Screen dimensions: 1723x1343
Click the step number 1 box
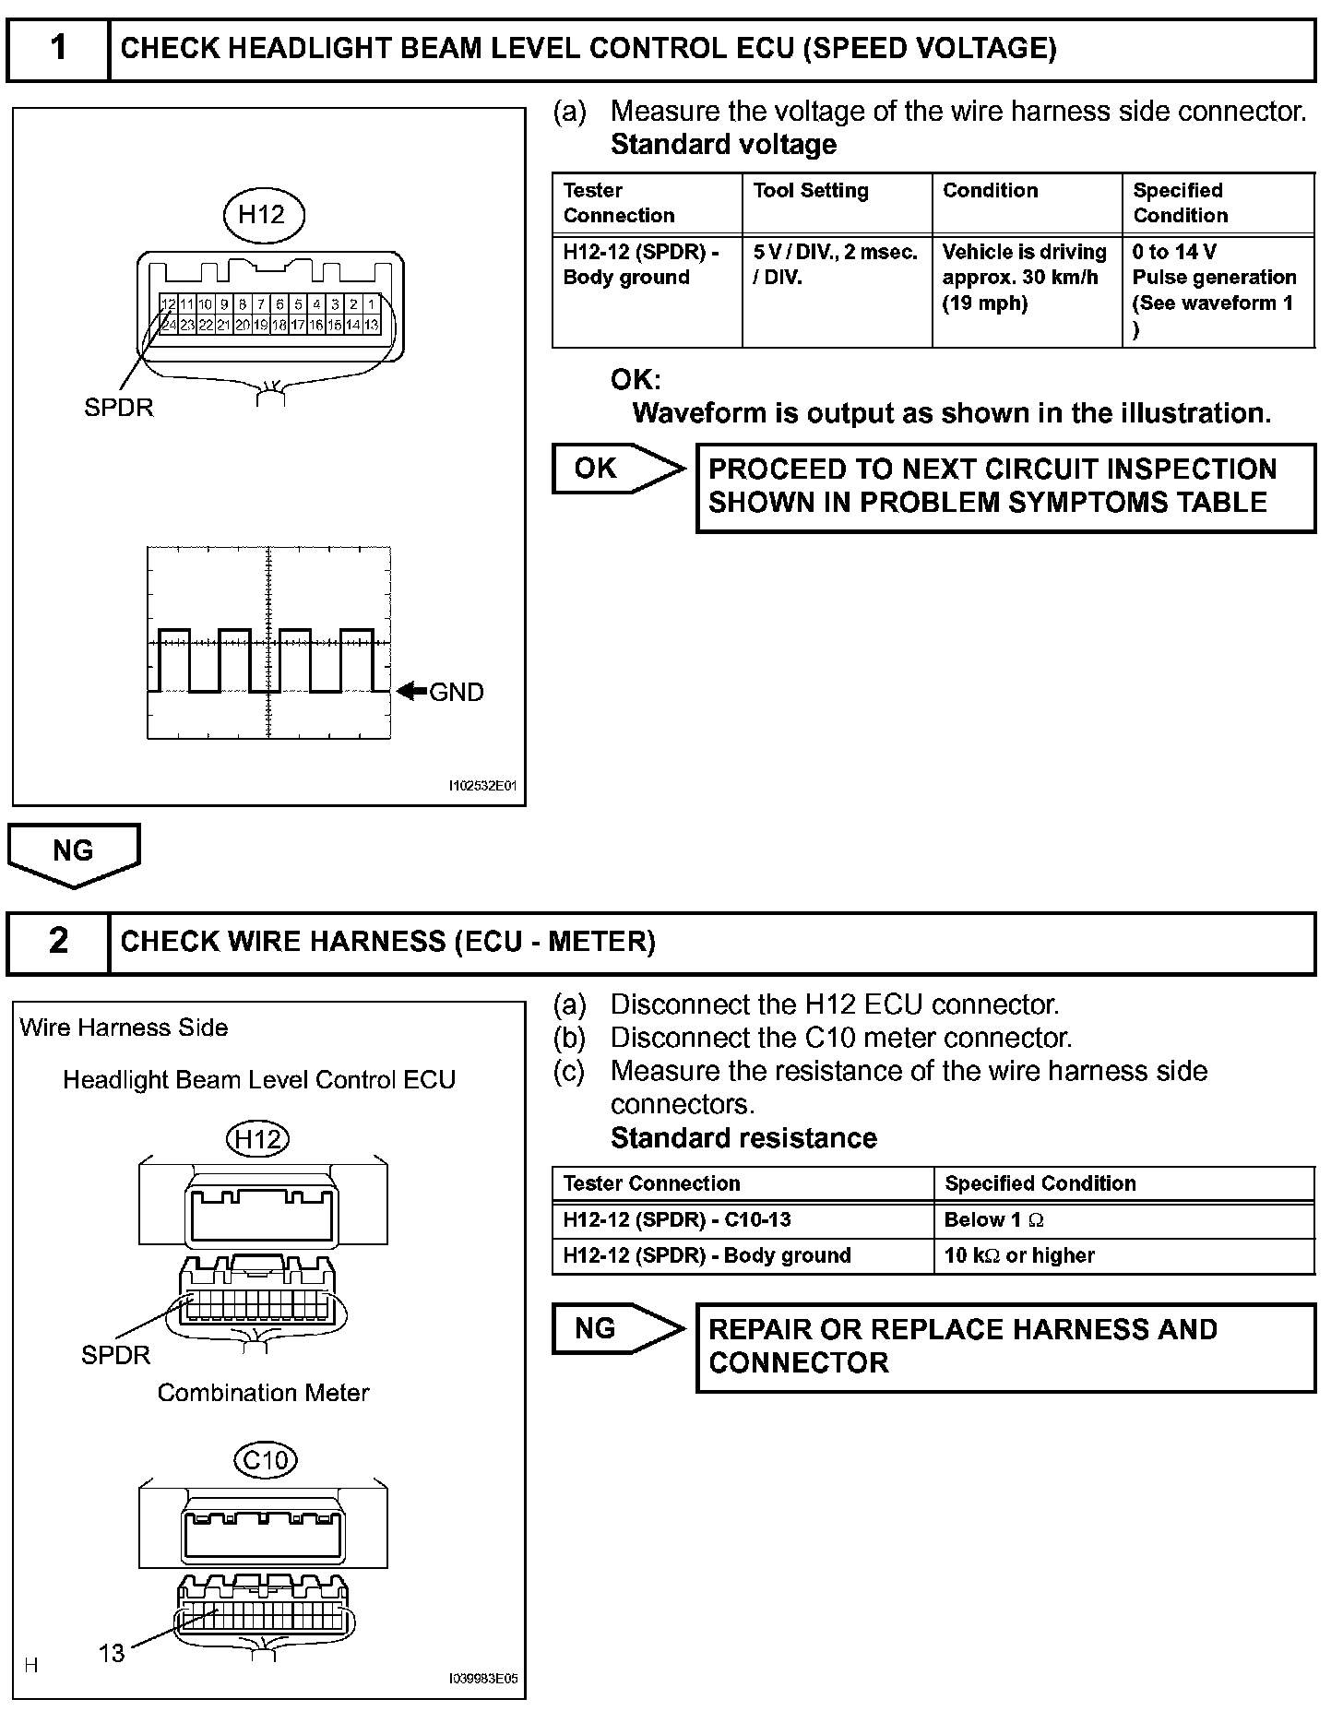pyautogui.click(x=58, y=48)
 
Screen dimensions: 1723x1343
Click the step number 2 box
pyautogui.click(x=58, y=942)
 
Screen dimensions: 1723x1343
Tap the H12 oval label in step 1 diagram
pyautogui.click(x=263, y=215)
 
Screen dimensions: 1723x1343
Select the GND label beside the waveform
pyautogui.click(x=457, y=693)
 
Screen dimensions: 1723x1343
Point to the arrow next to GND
pyautogui.click(x=411, y=691)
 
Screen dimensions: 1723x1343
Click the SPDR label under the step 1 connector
pyautogui.click(x=119, y=408)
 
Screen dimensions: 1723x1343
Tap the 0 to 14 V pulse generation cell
pyautogui.click(x=1217, y=291)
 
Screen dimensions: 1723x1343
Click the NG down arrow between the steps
pyautogui.click(x=74, y=853)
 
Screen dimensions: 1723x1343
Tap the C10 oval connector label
pyautogui.click(x=266, y=1461)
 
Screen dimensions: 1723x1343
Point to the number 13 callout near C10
pyautogui.click(x=112, y=1654)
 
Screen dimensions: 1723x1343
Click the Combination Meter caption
pyautogui.click(x=263, y=1393)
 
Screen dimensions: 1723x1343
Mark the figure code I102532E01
pyautogui.click(x=482, y=787)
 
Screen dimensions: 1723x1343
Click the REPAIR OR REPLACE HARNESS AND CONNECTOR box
pyautogui.click(x=1004, y=1347)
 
